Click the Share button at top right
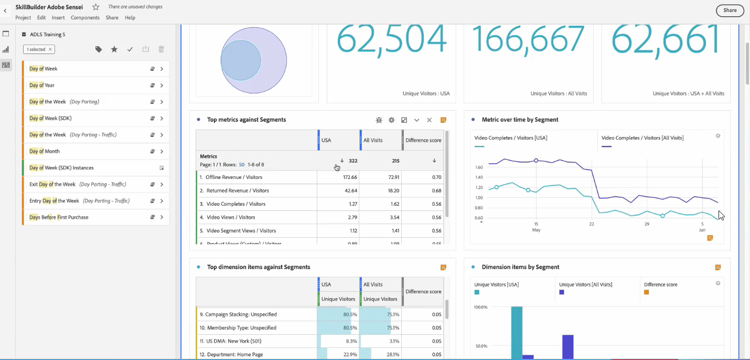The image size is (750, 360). coord(730,10)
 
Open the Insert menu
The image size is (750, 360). coord(58,17)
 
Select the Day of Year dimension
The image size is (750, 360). coord(42,85)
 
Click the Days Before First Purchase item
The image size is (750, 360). coord(59,217)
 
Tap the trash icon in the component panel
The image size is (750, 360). coord(161,49)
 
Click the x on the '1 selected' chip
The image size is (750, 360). coord(50,49)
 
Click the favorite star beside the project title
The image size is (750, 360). coord(95,7)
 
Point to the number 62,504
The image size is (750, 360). coord(391,39)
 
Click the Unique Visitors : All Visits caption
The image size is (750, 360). coord(559,93)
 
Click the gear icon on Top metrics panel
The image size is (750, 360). coord(391,120)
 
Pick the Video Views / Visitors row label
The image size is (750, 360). coord(231,217)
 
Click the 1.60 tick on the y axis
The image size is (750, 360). coord(478,167)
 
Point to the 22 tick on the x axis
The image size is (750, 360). coord(591,224)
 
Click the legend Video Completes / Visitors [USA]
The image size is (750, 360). coord(510,138)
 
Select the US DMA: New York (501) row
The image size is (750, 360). coord(233,341)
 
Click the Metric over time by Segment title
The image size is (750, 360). coord(520,120)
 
